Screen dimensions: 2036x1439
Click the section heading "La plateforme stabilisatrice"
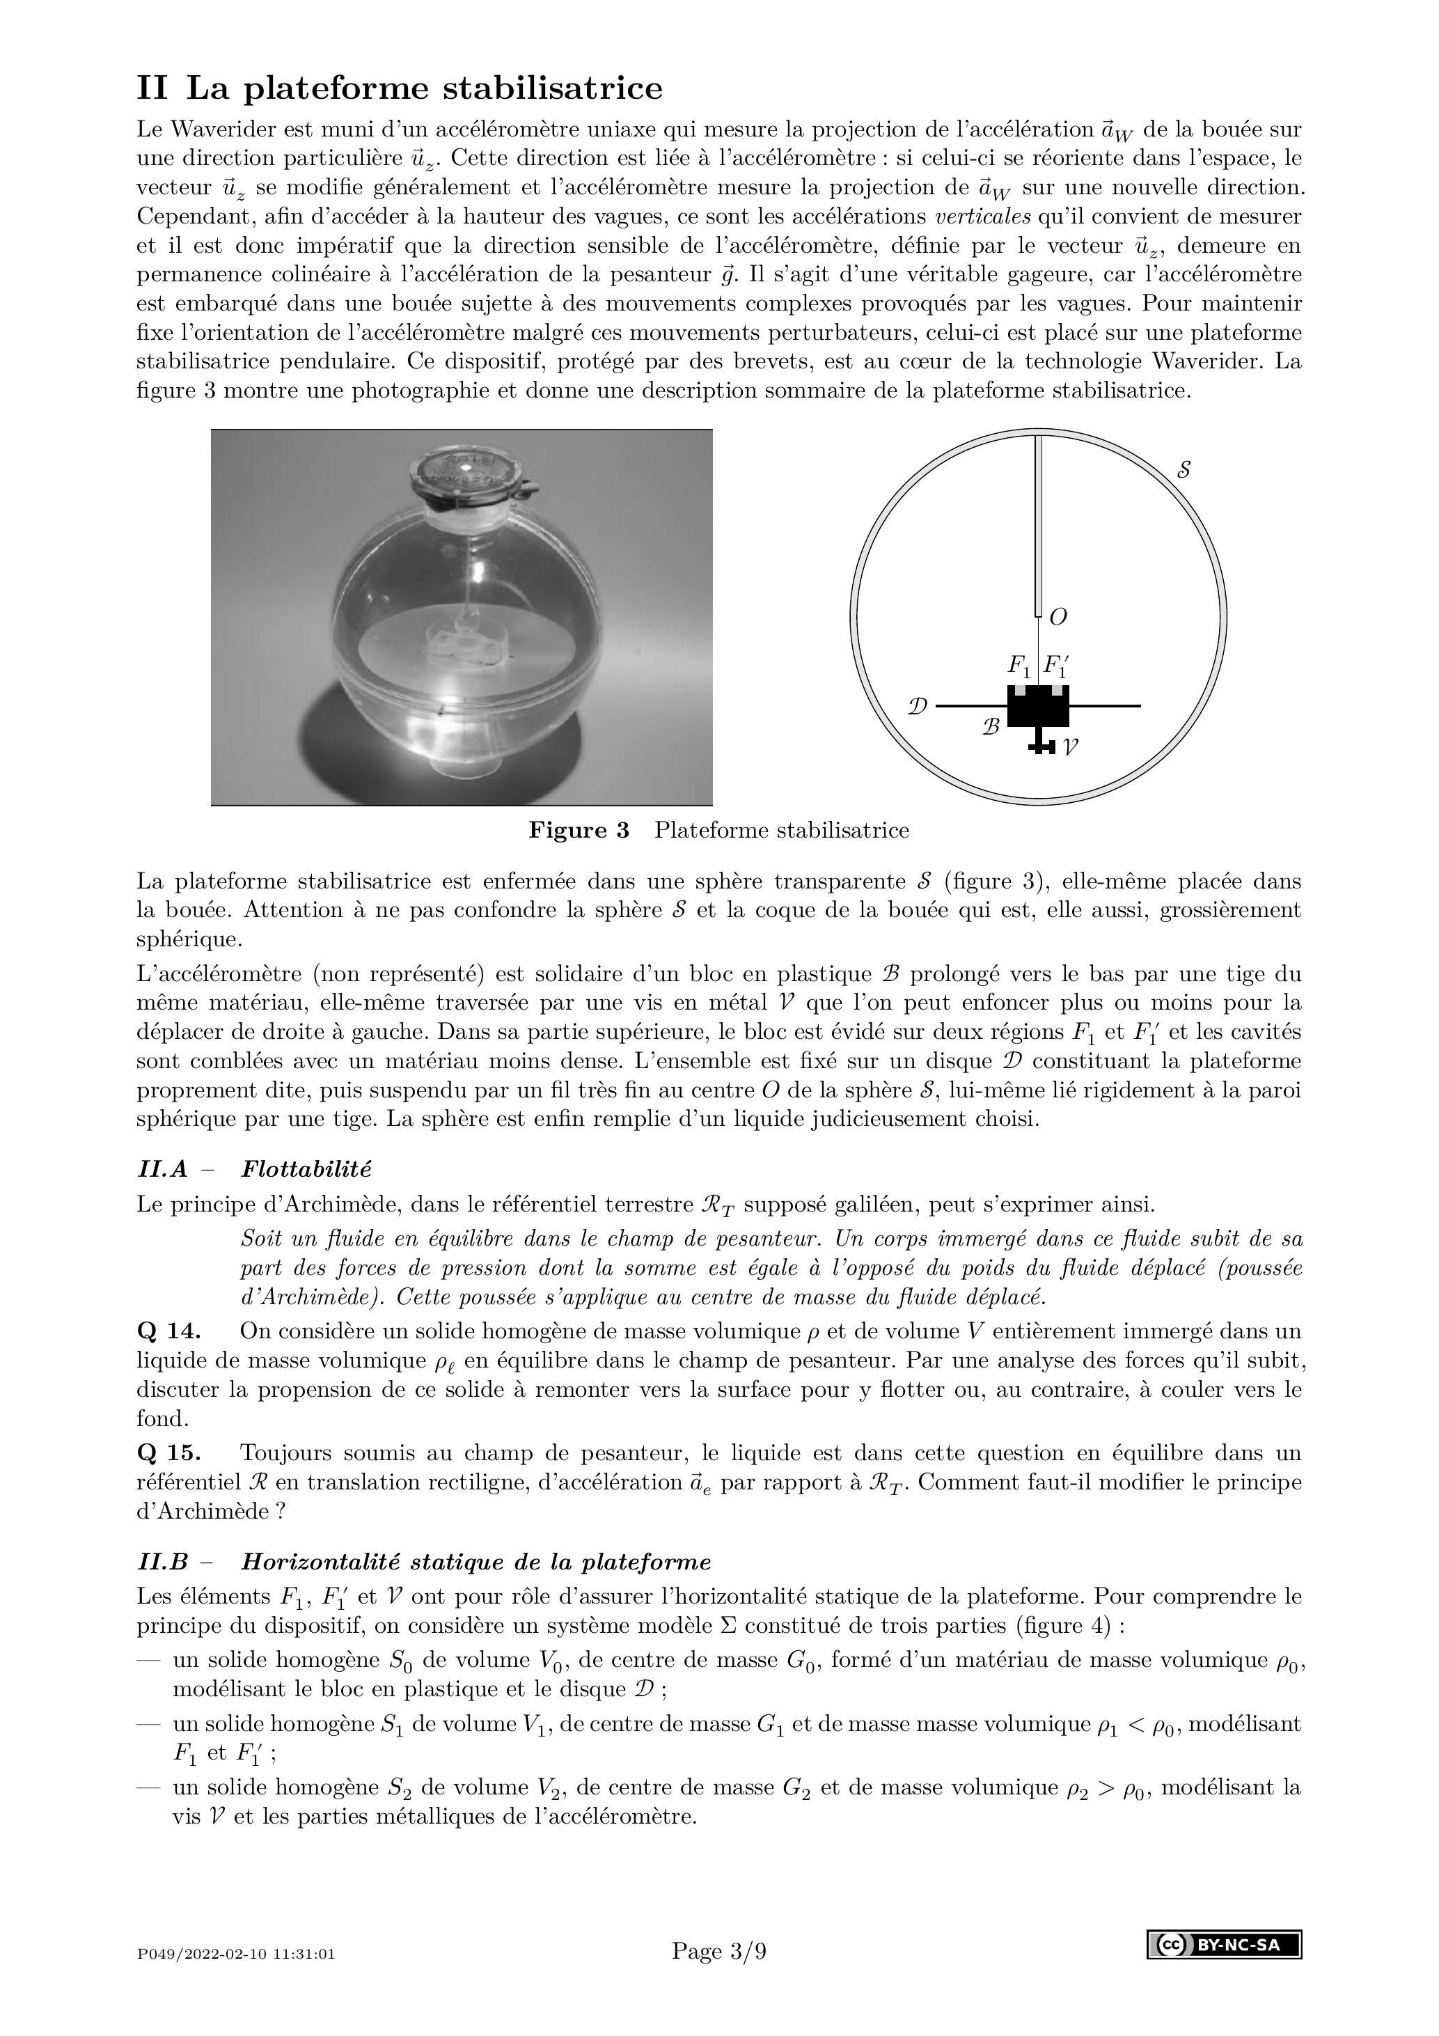pyautogui.click(x=424, y=88)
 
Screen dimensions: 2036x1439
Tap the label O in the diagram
pyautogui.click(x=1057, y=617)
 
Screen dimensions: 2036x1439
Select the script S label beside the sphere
pyautogui.click(x=1184, y=470)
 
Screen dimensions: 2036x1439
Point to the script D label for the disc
pyautogui.click(x=918, y=707)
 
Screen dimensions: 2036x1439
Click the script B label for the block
pyautogui.click(x=991, y=727)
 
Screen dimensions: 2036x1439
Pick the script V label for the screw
pyautogui.click(x=1070, y=748)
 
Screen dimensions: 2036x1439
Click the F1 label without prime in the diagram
pyautogui.click(x=1019, y=664)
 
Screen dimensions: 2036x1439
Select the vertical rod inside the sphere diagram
pyautogui.click(x=1038, y=523)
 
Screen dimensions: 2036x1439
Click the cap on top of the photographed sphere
pyautogui.click(x=462, y=474)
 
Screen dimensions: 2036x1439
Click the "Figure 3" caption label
pyautogui.click(x=579, y=831)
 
